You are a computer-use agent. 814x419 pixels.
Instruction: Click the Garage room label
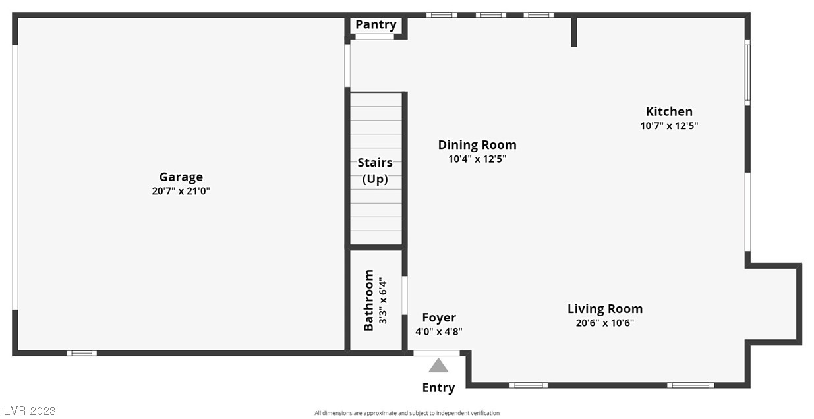click(181, 177)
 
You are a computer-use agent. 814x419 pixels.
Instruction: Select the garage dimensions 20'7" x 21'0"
click(181, 192)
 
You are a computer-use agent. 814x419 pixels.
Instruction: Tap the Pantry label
click(376, 24)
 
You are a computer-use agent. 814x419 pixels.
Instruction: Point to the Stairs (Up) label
click(375, 171)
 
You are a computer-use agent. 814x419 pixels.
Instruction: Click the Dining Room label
click(477, 145)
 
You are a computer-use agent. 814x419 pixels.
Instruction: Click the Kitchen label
click(669, 111)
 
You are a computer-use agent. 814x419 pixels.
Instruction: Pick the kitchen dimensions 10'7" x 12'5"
click(669, 126)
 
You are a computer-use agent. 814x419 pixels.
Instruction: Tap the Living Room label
click(604, 308)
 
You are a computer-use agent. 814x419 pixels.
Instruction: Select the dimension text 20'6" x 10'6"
click(604, 323)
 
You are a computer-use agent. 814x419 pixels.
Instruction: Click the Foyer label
click(438, 318)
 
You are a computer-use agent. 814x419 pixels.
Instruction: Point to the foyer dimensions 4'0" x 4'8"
click(438, 332)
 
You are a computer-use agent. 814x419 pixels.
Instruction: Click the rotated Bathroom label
click(369, 300)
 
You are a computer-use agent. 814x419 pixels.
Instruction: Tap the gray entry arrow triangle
click(438, 366)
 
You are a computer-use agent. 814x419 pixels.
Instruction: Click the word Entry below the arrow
click(438, 387)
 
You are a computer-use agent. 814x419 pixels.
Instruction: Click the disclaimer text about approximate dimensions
click(407, 413)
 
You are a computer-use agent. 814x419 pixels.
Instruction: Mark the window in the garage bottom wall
click(82, 353)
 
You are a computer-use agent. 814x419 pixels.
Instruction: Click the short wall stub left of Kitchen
click(573, 32)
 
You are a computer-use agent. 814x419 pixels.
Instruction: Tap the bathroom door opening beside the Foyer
click(405, 295)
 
